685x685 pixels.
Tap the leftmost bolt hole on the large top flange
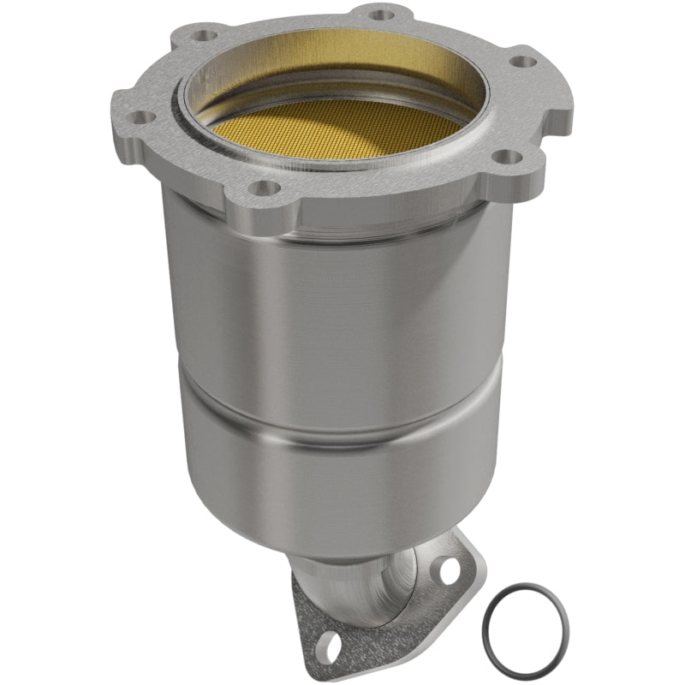(145, 117)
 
